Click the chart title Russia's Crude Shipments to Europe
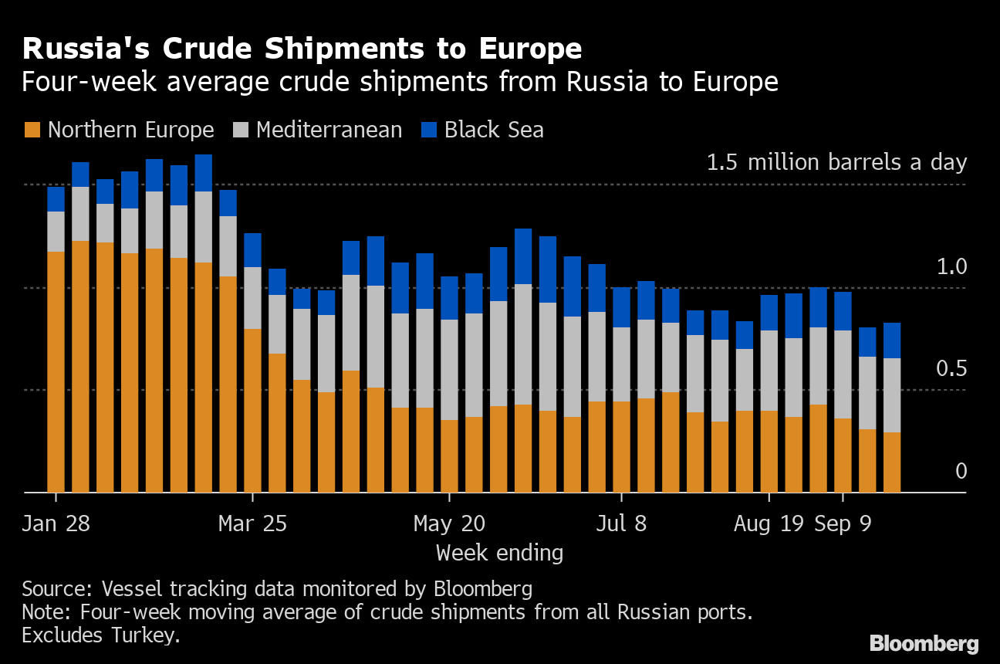coord(302,49)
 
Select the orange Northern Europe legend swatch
coord(32,130)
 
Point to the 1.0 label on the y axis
coord(951,268)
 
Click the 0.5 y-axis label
coord(951,369)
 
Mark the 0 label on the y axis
coord(961,472)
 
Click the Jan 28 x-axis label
coord(56,523)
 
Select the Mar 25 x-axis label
coord(252,523)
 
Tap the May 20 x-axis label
coord(449,523)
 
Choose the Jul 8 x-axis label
coord(621,523)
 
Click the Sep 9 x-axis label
coord(843,523)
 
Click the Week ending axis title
coord(499,553)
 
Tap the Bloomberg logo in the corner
coord(924,643)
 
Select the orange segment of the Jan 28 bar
coord(56,371)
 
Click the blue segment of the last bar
coord(892,340)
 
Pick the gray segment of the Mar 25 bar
coord(252,298)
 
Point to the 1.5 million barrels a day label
coord(836,163)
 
